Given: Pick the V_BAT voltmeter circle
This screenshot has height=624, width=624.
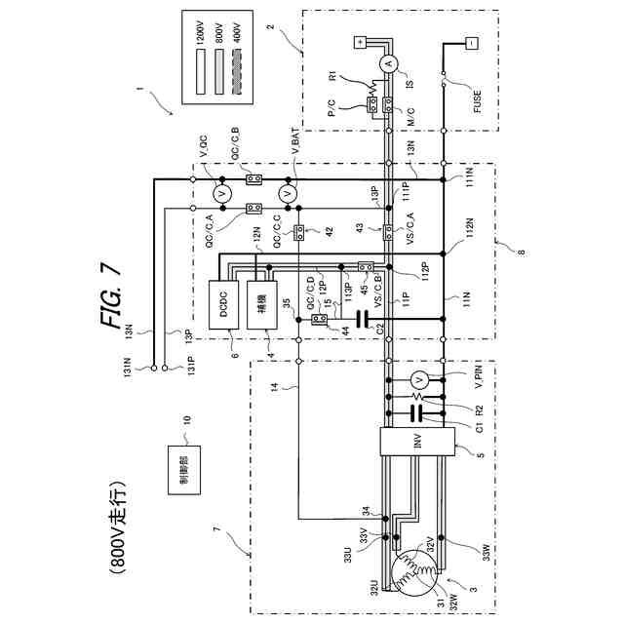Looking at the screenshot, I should pos(288,194).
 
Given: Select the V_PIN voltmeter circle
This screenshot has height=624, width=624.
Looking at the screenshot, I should pos(418,377).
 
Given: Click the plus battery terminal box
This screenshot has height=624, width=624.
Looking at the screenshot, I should pos(358,44).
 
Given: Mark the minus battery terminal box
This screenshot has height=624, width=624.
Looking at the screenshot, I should pos(471,44).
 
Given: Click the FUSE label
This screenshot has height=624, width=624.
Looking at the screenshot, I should pos(477,102).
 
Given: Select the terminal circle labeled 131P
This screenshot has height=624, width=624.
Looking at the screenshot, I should pos(165,368).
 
